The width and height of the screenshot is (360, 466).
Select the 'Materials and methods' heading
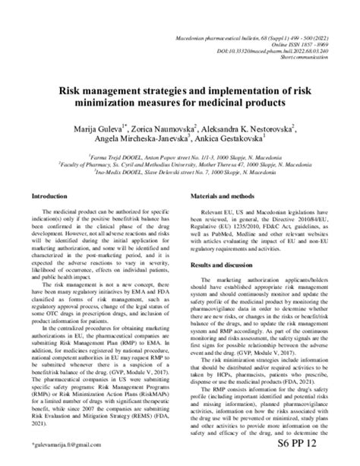point(219,195)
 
